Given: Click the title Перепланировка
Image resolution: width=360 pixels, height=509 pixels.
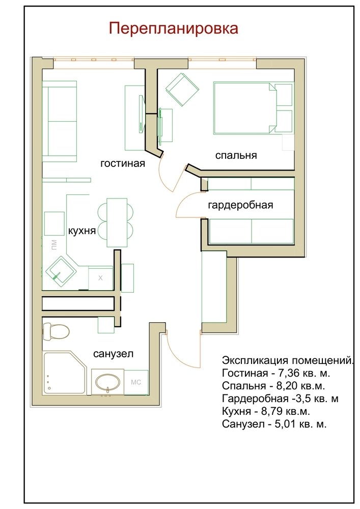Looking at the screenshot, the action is (173, 29).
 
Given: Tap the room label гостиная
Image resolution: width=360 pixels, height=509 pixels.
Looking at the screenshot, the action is (123, 163).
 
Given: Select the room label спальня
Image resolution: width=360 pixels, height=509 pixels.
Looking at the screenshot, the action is (236, 155).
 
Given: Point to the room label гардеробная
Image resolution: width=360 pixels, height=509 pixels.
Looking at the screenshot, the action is (240, 205).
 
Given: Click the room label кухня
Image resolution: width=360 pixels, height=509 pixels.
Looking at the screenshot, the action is (82, 231).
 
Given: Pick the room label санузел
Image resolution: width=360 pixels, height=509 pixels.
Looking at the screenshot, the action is (113, 354).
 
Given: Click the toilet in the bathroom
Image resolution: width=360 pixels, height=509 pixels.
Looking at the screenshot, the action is (56, 331).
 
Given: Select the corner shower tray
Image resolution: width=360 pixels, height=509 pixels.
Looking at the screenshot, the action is (64, 373).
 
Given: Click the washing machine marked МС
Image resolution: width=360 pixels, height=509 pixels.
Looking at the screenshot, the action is (136, 382).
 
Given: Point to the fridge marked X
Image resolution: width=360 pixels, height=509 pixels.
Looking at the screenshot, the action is (100, 278).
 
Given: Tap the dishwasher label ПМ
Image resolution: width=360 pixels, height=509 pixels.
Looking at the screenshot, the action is (54, 244).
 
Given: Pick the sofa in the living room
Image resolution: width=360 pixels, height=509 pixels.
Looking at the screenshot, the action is (60, 122).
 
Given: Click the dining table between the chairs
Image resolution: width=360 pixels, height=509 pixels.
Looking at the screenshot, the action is (117, 223).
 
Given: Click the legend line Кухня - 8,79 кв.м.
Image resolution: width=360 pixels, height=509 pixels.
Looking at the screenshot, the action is (266, 411).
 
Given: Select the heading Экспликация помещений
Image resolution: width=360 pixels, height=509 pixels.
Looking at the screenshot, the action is (288, 360).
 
